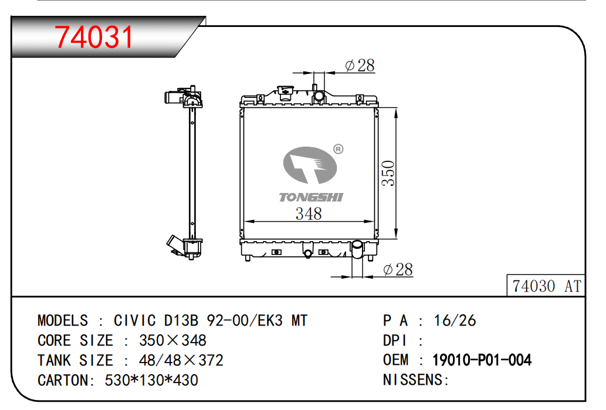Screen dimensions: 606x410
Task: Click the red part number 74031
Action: coord(94,37)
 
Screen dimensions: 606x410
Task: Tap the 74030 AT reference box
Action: coord(546,286)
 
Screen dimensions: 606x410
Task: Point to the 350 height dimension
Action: coord(388,174)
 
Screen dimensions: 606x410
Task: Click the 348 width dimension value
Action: coord(309,214)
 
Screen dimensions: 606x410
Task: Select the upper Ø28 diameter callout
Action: coord(360,65)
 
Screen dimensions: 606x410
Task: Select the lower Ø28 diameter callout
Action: coord(398,269)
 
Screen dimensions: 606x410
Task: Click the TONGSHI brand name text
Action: coord(311,198)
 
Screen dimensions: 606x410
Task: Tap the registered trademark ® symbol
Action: coord(338,149)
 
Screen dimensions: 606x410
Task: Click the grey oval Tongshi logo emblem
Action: coord(310,165)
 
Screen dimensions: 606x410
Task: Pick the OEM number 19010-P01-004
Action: coord(482,360)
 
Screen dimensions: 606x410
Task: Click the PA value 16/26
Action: coord(455,320)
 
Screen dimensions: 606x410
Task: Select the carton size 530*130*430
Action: coord(151,380)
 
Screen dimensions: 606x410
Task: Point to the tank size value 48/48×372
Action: coord(181,360)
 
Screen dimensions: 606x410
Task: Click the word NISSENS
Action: coord(412,380)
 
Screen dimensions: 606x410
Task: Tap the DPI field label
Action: coord(395,340)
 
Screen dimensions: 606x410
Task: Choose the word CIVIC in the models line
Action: coord(134,320)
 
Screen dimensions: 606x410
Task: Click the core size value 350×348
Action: coord(172,340)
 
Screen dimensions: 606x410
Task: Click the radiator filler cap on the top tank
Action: coord(285,93)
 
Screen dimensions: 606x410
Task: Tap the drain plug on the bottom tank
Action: coord(307,254)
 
